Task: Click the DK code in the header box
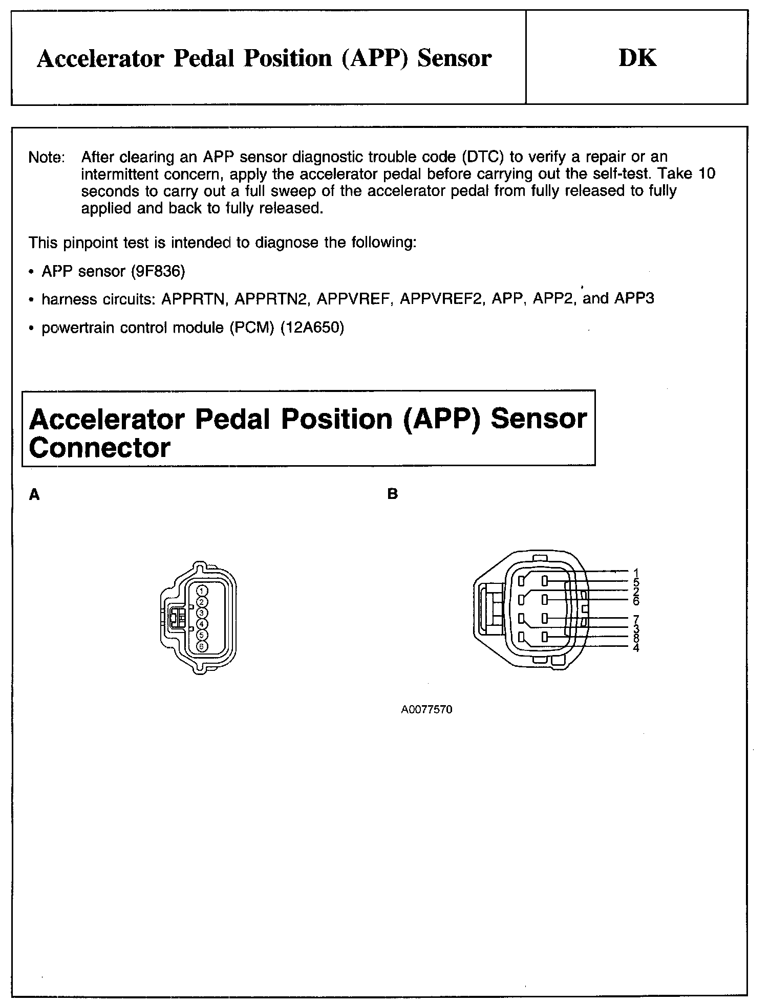637,58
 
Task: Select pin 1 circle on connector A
202,591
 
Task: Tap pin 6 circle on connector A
202,646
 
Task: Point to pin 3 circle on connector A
202,613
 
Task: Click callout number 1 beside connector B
636,573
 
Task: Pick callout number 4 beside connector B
636,648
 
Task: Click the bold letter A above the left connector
34,494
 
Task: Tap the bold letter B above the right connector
393,494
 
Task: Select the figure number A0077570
426,710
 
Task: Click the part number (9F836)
158,271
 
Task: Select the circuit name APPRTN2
271,299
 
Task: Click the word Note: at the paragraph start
47,157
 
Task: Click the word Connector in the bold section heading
99,448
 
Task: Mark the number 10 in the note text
707,174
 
